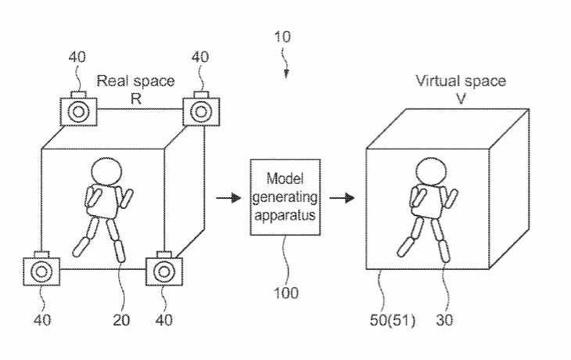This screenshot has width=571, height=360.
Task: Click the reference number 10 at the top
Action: (x=282, y=37)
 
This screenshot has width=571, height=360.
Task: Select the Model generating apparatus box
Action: (x=285, y=197)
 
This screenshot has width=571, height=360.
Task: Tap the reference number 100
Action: (x=285, y=293)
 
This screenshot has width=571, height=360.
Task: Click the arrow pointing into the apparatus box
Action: (x=228, y=198)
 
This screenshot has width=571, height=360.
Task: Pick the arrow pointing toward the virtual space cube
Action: (x=342, y=198)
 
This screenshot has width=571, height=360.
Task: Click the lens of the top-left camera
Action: (x=79, y=112)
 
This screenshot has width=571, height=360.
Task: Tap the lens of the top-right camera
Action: (x=201, y=112)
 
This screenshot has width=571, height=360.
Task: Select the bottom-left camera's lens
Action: (x=41, y=272)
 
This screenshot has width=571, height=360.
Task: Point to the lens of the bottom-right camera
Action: (x=164, y=272)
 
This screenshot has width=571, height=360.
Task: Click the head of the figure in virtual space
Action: (x=431, y=171)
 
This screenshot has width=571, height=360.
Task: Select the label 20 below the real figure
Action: (x=121, y=320)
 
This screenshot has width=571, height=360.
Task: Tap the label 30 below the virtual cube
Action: (x=444, y=320)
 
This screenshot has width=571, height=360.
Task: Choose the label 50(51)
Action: (x=393, y=320)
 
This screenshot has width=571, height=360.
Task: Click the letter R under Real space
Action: (x=136, y=99)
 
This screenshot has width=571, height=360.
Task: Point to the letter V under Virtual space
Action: (x=461, y=99)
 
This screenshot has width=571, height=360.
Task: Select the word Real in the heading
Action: (x=111, y=81)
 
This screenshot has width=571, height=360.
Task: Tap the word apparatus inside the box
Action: (x=285, y=216)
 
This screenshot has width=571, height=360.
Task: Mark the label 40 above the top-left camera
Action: (x=77, y=57)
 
